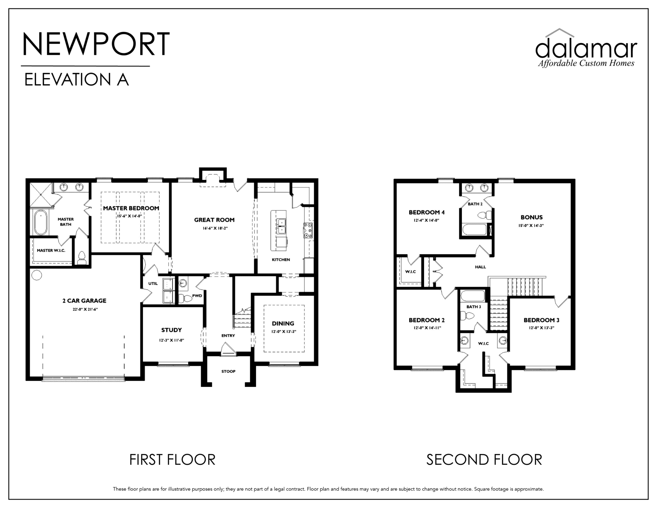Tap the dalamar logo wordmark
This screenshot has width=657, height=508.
point(586,49)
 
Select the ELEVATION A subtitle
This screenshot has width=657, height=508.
point(76,79)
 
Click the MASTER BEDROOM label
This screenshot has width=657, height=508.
point(131,208)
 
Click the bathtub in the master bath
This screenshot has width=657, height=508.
point(41,223)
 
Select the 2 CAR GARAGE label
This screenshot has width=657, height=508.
point(84,301)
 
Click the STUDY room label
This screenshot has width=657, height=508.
point(171,330)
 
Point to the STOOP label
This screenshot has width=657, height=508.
point(228,371)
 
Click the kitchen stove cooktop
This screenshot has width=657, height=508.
point(307,230)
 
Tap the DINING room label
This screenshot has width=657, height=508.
point(283,323)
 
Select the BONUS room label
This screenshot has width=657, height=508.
point(532,217)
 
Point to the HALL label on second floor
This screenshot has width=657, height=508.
point(480,267)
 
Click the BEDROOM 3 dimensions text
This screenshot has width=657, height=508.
point(541,328)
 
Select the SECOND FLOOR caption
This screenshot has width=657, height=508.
point(484,460)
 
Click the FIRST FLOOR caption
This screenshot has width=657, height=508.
point(172,460)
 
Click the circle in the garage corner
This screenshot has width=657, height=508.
point(37,275)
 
